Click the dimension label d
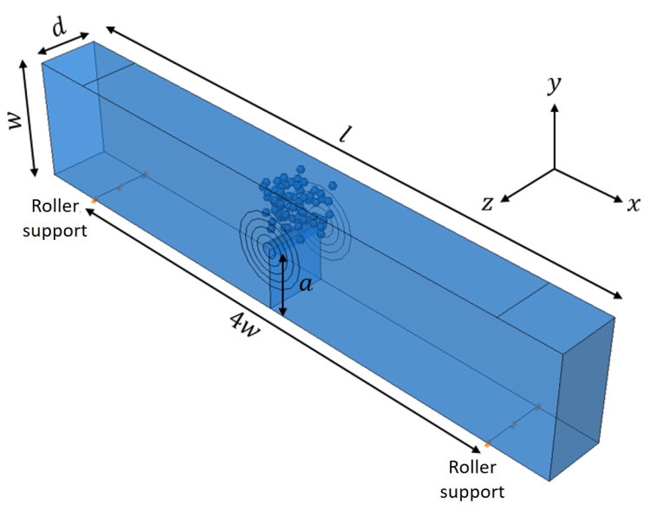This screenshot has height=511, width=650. (59, 27)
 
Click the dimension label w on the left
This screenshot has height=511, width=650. (16, 120)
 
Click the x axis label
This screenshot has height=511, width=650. (633, 204)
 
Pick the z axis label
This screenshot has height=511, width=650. (488, 204)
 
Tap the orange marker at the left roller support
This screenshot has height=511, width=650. (94, 201)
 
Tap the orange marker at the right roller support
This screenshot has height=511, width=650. (488, 444)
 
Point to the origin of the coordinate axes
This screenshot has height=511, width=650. (555, 169)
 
